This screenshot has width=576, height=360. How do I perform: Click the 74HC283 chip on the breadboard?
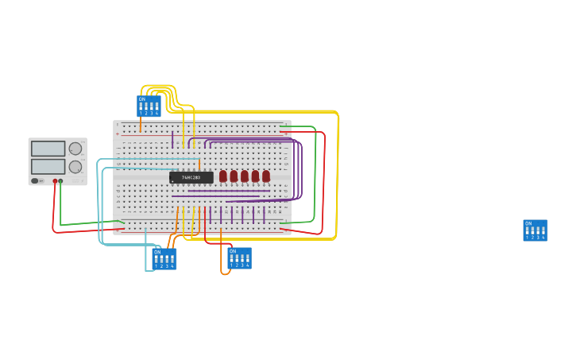pos(191,177)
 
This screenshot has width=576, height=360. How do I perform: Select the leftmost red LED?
pos(223,176)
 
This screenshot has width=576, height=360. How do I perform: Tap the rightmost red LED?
pos(266,176)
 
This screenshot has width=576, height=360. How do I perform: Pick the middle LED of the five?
pos(245,176)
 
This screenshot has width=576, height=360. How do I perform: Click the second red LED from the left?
pos(234,176)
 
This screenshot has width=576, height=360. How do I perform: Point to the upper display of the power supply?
pos(48,149)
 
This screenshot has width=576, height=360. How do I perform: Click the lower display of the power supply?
pos(48,166)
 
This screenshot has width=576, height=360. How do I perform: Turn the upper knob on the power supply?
pos(75,149)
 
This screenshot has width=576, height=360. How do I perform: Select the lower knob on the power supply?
pos(75,167)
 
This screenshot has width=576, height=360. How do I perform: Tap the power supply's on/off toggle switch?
pos(35,180)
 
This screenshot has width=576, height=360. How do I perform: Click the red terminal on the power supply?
pos(55,181)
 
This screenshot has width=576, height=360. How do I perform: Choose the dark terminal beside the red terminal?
pos(60,181)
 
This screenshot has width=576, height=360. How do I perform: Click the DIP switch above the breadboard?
pos(149,106)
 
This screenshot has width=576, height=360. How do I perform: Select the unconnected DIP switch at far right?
pos(535,230)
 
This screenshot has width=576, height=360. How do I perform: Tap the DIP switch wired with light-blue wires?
pos(164,258)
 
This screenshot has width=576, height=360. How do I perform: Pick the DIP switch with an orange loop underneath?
pos(239,257)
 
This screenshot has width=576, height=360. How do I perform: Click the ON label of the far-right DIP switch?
pos(528,223)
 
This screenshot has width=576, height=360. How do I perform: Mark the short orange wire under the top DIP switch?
pos(141,125)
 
